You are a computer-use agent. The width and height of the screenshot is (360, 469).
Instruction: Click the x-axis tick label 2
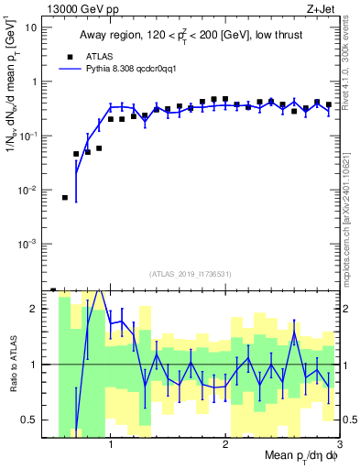[224, 444]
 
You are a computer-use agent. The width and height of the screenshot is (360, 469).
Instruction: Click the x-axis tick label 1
[110, 444]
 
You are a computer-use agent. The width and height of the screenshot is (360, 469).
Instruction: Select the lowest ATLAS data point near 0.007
[65, 198]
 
